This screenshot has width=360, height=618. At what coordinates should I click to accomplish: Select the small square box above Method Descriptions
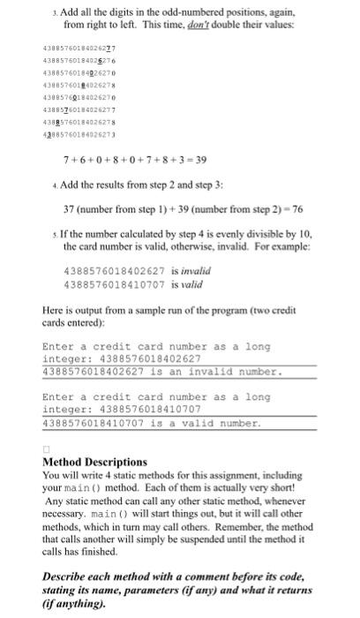[47, 448]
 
